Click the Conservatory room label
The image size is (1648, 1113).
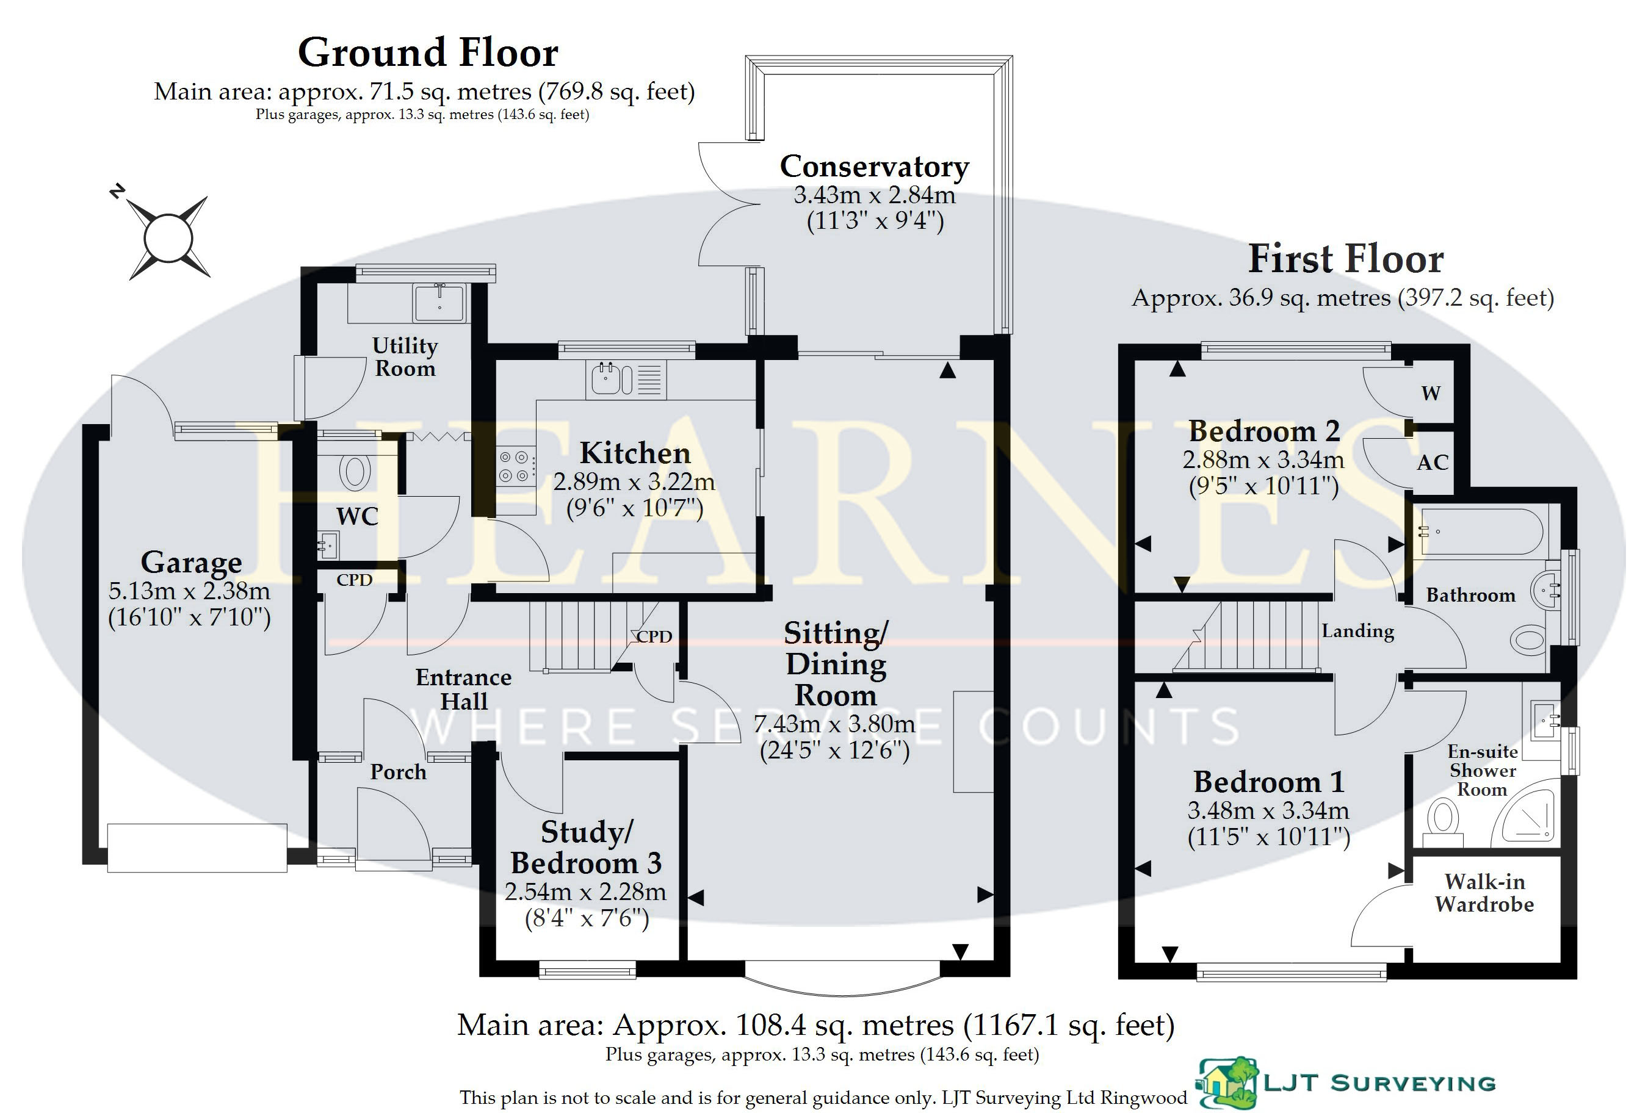(874, 167)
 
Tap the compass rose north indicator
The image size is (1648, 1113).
(118, 191)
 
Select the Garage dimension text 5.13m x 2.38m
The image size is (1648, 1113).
(189, 591)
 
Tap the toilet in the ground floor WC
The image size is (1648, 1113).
(355, 472)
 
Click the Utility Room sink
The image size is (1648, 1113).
(439, 303)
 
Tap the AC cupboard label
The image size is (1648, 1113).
(1433, 463)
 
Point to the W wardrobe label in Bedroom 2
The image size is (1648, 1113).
(1431, 394)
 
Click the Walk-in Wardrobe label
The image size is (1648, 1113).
(1484, 893)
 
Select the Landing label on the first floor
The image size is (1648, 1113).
(1357, 631)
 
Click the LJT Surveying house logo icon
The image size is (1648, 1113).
(1227, 1082)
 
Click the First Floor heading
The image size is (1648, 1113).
(1345, 259)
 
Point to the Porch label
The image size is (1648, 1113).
(398, 771)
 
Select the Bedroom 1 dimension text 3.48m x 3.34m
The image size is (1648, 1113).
(1268, 810)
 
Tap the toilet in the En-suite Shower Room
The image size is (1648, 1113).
(1442, 823)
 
